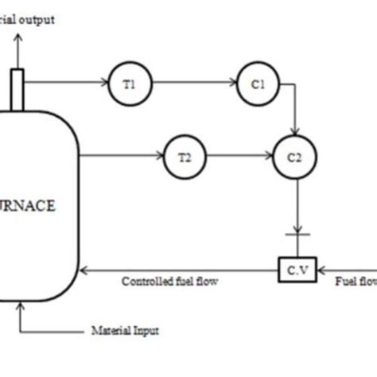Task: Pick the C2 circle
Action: (x=294, y=157)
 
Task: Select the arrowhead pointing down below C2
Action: (x=294, y=229)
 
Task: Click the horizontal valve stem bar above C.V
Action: (x=294, y=236)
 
